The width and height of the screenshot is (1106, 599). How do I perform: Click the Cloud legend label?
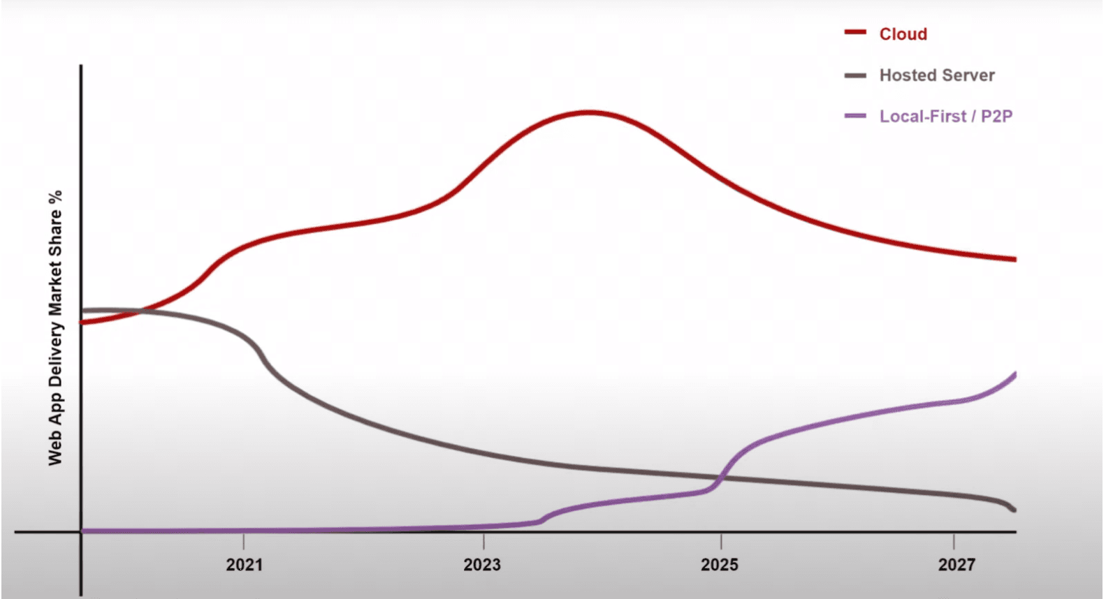click(903, 34)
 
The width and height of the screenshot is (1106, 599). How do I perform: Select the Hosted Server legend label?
click(936, 75)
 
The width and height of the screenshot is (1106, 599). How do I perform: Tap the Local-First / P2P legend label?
click(945, 117)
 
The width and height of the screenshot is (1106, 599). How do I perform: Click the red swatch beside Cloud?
click(855, 33)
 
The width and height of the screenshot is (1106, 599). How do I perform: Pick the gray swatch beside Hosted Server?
click(855, 75)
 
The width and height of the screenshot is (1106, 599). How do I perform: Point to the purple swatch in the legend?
click(855, 116)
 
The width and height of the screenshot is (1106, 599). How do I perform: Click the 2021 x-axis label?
click(244, 565)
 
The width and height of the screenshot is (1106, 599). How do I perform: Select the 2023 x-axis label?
click(482, 565)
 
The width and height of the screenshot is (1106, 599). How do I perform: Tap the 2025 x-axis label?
click(720, 565)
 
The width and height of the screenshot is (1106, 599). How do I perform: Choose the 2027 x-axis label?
click(956, 565)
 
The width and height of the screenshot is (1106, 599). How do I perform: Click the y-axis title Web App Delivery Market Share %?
click(55, 328)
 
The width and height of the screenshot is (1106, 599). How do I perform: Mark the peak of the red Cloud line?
click(589, 112)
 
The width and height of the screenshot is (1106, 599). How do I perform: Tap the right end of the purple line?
click(1014, 375)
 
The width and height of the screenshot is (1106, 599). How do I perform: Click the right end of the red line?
click(1014, 259)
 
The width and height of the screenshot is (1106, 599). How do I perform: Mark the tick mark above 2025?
click(722, 540)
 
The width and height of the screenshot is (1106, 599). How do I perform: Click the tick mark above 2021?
click(243, 540)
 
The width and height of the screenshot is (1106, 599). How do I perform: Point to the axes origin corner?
click(81, 532)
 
